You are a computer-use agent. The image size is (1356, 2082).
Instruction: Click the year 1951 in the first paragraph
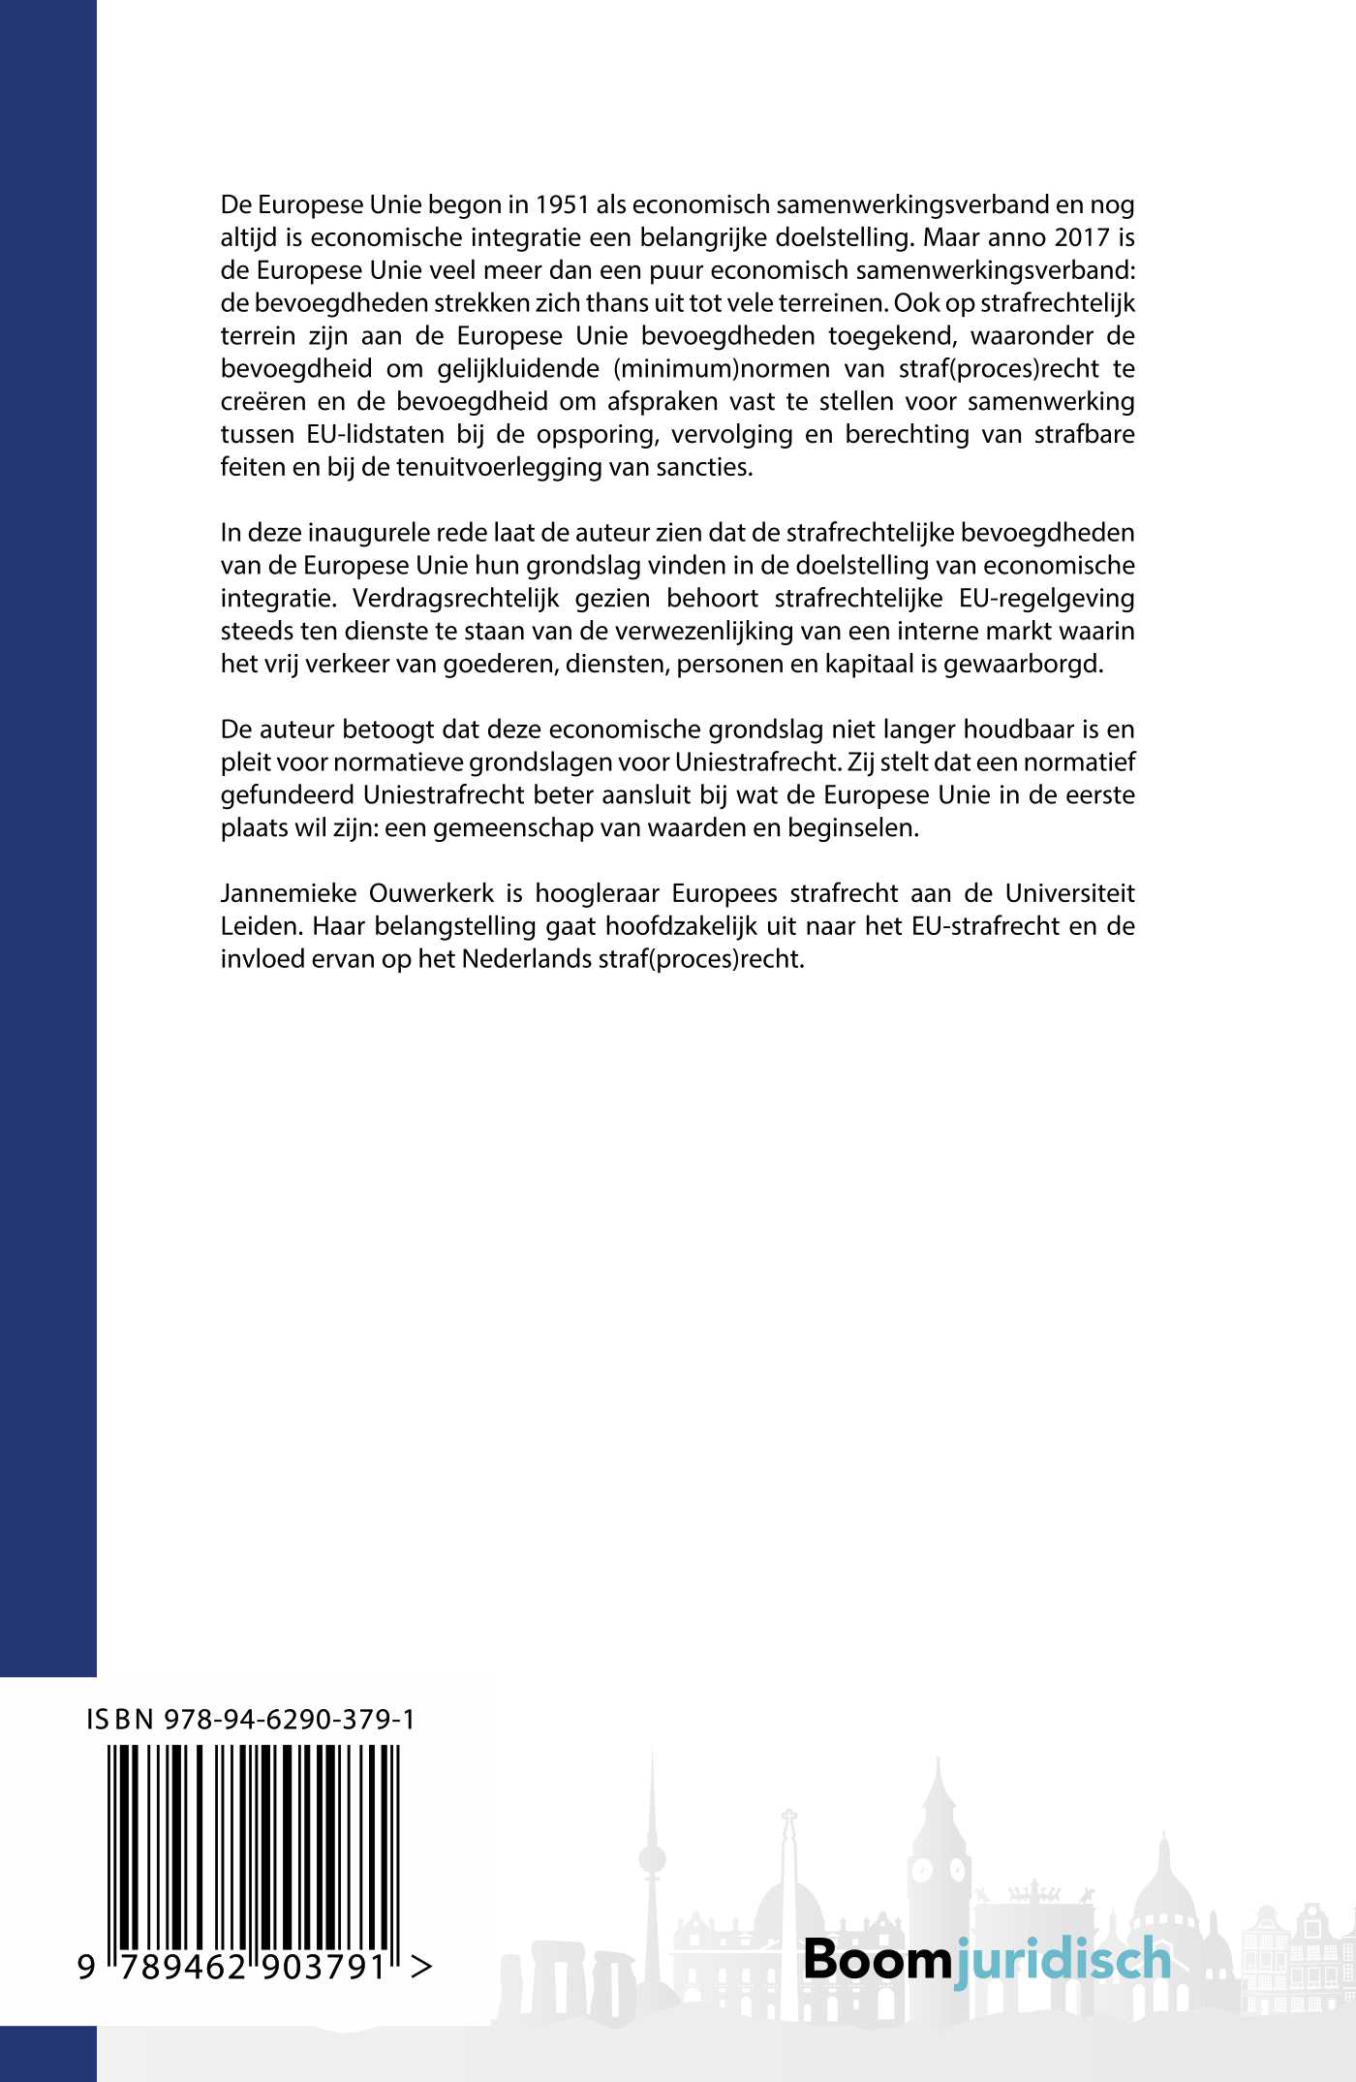tap(562, 205)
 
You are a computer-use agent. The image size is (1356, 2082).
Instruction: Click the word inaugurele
tap(369, 533)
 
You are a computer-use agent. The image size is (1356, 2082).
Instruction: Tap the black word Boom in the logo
tap(878, 1959)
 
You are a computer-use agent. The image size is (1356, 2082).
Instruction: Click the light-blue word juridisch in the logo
tap(1063, 1959)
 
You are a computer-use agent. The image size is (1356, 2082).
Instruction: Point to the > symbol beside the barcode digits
tap(421, 1967)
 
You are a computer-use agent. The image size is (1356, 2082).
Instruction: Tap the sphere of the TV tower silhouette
tap(652, 1858)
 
